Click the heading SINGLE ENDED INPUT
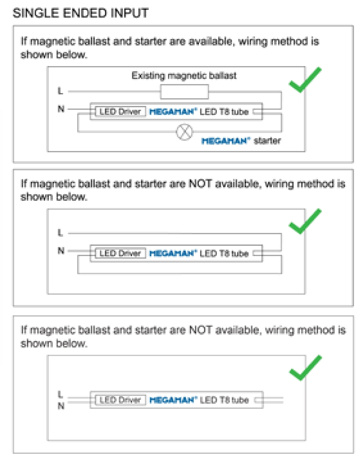point(81,13)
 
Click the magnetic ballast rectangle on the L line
point(184,91)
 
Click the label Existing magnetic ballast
point(184,76)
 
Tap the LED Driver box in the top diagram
point(120,112)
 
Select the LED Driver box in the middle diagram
point(120,253)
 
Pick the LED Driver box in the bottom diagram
point(120,400)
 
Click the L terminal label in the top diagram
point(60,91)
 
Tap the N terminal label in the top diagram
point(60,109)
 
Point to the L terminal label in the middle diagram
point(60,233)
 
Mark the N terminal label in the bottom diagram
point(60,405)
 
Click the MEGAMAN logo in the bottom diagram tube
point(172,400)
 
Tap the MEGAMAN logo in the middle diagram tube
point(172,253)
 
